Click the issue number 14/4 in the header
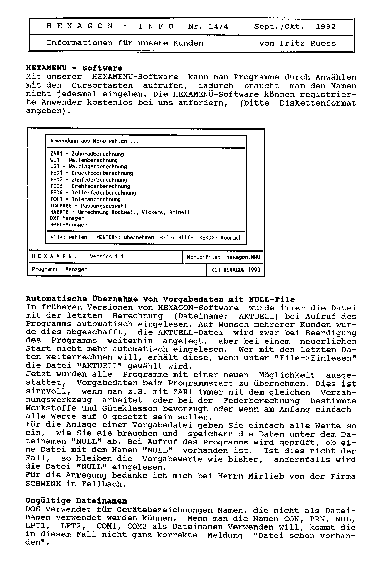(x=219, y=27)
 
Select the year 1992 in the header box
(x=326, y=27)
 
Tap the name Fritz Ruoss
(x=308, y=43)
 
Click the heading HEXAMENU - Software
(x=74, y=68)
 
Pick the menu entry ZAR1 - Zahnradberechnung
(x=87, y=154)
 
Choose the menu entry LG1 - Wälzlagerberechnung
(x=88, y=167)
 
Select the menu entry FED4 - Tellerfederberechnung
(x=93, y=193)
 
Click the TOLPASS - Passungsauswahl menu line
(x=88, y=206)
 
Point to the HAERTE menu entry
(x=120, y=212)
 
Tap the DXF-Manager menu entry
(x=67, y=218)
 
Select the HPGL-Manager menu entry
(x=68, y=225)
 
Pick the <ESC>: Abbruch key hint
(x=220, y=238)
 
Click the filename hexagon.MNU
(x=243, y=257)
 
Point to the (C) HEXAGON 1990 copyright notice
(x=236, y=270)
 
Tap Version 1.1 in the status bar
(x=107, y=257)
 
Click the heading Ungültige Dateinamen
(x=76, y=501)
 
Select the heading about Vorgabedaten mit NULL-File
(x=160, y=299)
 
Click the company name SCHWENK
(x=43, y=484)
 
